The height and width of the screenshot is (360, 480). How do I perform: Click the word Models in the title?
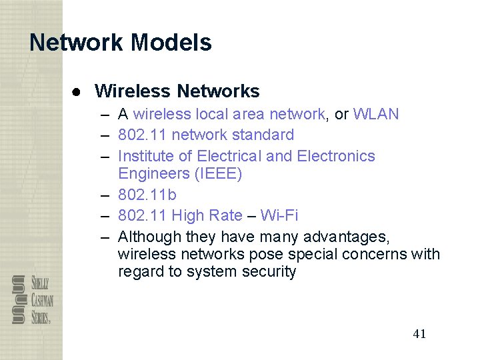[171, 43]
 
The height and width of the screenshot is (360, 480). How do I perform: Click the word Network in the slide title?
[77, 43]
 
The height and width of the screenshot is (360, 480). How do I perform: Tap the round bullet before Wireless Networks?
[77, 91]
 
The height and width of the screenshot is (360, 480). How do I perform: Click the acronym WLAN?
[376, 114]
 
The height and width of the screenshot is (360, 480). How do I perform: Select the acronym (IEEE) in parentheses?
[218, 174]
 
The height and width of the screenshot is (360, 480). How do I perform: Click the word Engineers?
[153, 174]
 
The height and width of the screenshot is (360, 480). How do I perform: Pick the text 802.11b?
[147, 195]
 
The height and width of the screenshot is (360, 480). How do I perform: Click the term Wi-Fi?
[279, 215]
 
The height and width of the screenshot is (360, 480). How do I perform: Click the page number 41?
[419, 334]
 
